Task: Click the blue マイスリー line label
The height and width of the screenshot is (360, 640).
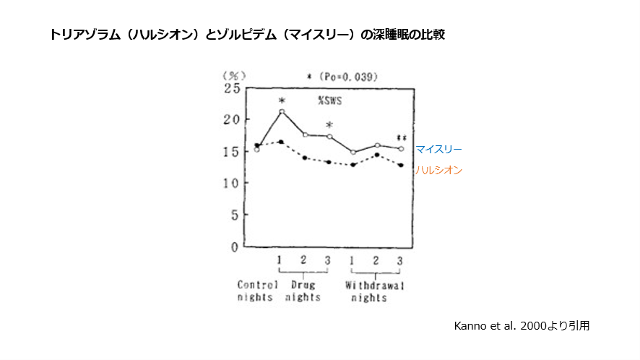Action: pyautogui.click(x=438, y=149)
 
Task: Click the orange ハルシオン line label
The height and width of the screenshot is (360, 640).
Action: pyautogui.click(x=438, y=170)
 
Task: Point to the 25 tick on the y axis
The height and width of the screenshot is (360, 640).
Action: pyautogui.click(x=231, y=88)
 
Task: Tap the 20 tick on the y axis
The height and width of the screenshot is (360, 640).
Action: pyautogui.click(x=231, y=120)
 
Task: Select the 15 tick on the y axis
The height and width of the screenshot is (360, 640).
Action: pyautogui.click(x=231, y=152)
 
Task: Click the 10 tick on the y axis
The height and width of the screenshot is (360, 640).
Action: pyautogui.click(x=231, y=184)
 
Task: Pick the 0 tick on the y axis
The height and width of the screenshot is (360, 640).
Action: pyautogui.click(x=234, y=247)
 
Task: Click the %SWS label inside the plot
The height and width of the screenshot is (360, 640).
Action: pyautogui.click(x=329, y=101)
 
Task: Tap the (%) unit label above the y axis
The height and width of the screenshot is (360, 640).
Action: pyautogui.click(x=234, y=74)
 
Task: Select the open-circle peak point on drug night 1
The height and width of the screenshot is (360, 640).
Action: pyautogui.click(x=282, y=112)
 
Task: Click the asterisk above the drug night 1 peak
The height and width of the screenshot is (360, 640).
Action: pyautogui.click(x=282, y=100)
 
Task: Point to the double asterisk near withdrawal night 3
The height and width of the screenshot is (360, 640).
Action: pyautogui.click(x=401, y=138)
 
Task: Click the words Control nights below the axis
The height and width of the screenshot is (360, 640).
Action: pyautogui.click(x=257, y=291)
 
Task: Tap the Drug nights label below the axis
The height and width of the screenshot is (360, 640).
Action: pyautogui.click(x=304, y=291)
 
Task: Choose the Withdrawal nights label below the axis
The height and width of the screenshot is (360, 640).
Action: pyautogui.click(x=374, y=291)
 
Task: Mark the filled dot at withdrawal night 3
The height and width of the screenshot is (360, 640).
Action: pyautogui.click(x=400, y=166)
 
